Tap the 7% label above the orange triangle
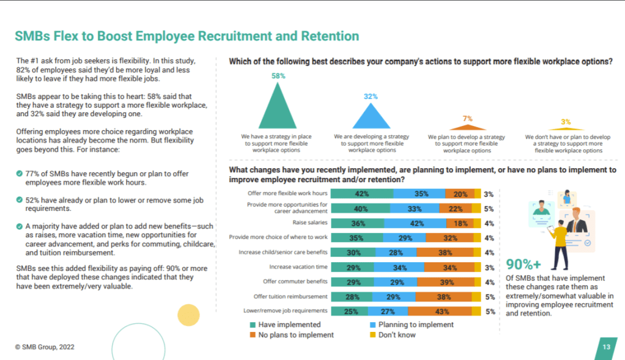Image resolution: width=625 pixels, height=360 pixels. click(x=467, y=119)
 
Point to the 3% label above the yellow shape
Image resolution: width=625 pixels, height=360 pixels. click(x=566, y=122)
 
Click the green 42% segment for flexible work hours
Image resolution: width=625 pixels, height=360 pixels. click(x=361, y=194)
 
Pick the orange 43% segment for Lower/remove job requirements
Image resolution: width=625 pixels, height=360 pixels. click(x=445, y=311)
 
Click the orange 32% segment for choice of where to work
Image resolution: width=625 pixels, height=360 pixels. click(x=449, y=238)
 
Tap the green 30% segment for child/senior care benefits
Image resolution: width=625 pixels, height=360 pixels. click(x=353, y=252)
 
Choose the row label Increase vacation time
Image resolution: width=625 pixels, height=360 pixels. click(x=298, y=267)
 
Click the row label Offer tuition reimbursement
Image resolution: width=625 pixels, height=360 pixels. click(x=289, y=296)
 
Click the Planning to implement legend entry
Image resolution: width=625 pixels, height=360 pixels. click(x=416, y=325)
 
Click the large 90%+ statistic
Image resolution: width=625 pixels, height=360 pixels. click(x=523, y=264)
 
